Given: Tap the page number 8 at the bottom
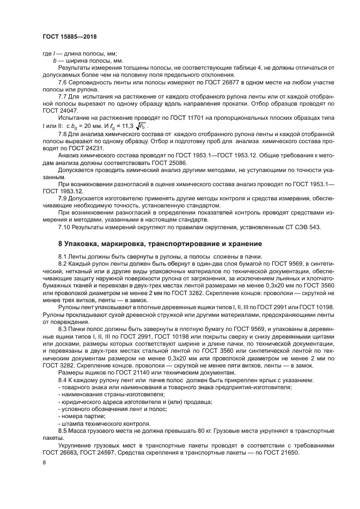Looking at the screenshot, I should pos(44,462).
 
